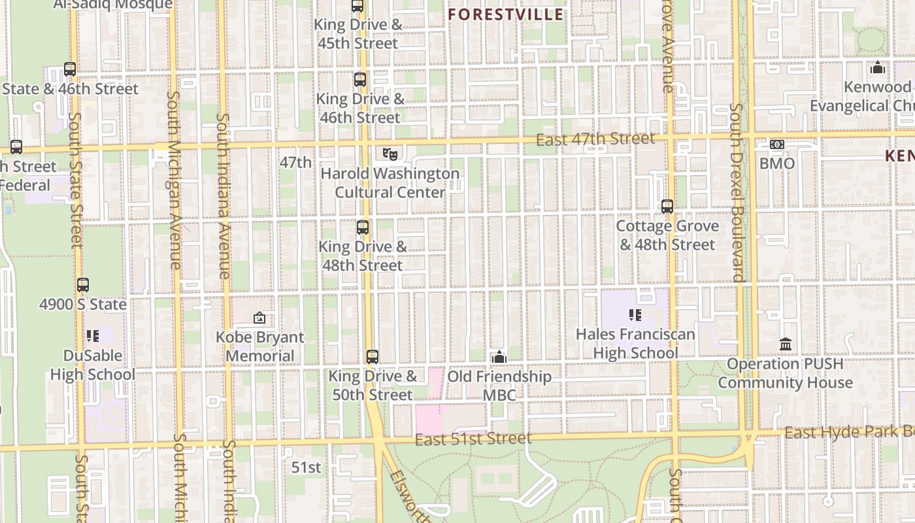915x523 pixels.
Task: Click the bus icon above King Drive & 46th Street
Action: tap(359, 80)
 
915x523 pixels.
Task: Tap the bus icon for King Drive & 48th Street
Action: tap(362, 228)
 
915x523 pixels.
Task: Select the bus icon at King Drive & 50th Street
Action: tap(372, 357)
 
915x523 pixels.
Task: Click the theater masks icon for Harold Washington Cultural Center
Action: tap(390, 154)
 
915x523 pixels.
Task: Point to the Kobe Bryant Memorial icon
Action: tap(259, 318)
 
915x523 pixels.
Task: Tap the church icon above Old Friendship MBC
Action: tap(499, 357)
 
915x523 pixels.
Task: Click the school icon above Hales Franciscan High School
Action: tap(635, 315)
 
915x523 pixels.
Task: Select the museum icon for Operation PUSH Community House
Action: tap(786, 344)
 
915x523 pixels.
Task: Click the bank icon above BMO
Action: tap(776, 144)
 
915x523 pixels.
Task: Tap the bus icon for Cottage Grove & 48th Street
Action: tap(667, 207)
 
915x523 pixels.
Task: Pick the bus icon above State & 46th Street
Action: tap(70, 69)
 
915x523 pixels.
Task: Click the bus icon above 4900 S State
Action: tap(82, 285)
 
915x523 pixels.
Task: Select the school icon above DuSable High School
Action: tap(92, 336)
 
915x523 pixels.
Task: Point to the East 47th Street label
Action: tap(595, 139)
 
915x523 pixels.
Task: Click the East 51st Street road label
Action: tap(473, 438)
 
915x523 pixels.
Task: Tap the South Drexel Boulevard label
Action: tap(737, 193)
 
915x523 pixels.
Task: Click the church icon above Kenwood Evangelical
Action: tap(877, 67)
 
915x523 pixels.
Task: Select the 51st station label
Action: tap(307, 467)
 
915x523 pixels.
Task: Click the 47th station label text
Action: tap(295, 162)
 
